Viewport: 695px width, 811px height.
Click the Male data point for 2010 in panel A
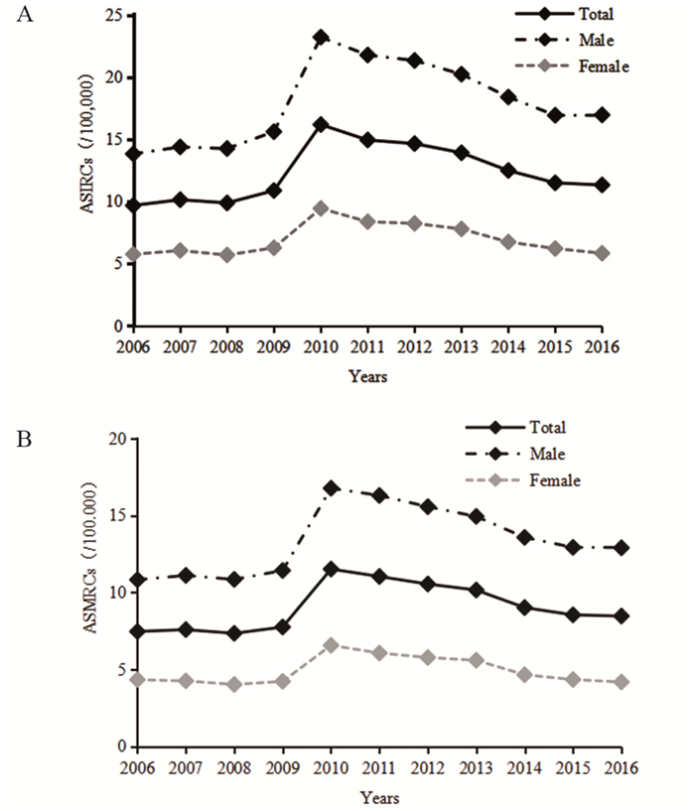321,38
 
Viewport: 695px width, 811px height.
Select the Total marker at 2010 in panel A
321,124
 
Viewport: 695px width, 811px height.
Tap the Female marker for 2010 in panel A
321,208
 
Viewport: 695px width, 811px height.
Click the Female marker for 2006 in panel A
132,254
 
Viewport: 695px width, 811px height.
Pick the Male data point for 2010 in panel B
331,488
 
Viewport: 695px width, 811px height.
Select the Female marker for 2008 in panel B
233,684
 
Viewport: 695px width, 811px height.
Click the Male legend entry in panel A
565,41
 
